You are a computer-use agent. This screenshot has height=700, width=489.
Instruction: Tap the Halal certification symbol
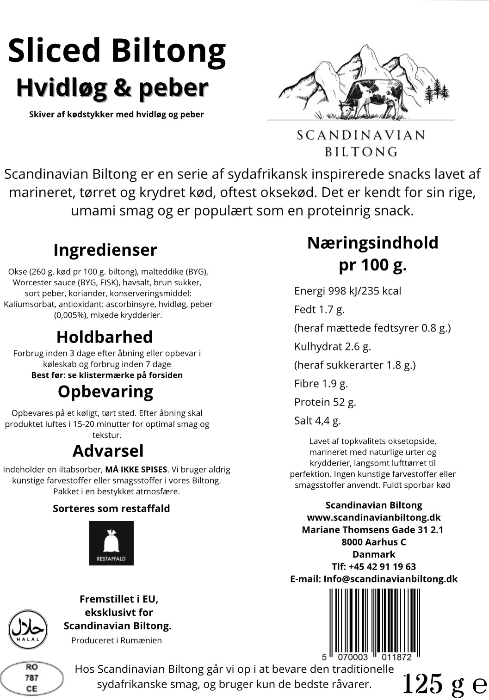coord(28,629)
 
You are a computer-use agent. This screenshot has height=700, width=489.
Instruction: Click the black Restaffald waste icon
coord(111,543)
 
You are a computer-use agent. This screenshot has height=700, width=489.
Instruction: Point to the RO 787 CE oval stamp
coord(31,678)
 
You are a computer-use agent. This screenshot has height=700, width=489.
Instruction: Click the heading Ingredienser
coord(105,250)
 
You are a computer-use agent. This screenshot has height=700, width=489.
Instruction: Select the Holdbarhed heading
coord(105,337)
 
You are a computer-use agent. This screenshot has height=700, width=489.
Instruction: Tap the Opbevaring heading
coord(105,391)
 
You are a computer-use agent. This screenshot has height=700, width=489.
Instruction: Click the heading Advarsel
coord(108,450)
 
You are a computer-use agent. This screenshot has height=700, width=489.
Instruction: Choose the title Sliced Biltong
coord(117,50)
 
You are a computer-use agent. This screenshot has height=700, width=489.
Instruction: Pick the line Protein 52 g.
coord(325,402)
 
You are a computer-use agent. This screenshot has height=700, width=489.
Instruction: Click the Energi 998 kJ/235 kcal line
coord(347,291)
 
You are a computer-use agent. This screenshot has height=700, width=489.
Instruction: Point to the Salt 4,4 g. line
coord(317,420)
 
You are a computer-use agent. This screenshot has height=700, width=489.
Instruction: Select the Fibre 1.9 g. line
coord(321,383)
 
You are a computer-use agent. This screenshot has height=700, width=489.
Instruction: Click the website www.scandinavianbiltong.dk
coord(374,517)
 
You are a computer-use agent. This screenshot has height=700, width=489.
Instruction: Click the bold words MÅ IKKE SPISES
coord(136,469)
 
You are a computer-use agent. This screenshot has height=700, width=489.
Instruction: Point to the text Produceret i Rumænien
coord(117,640)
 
